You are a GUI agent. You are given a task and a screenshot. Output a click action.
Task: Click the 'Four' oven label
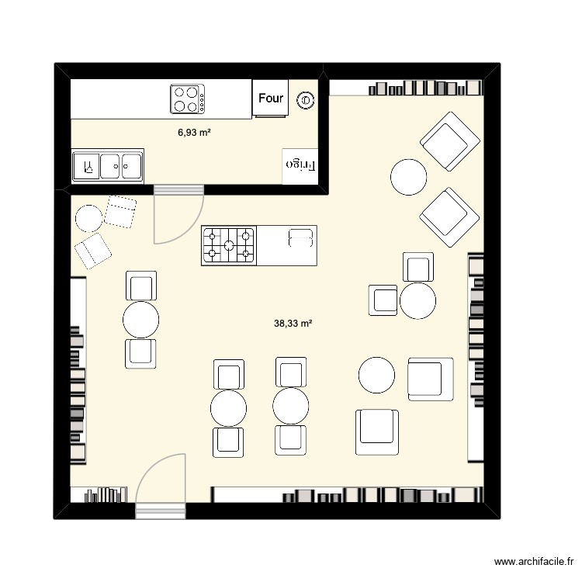coord(271,99)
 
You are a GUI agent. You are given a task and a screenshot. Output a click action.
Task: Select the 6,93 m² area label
coord(194,133)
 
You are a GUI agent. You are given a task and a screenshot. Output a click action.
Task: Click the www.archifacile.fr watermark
coord(535,562)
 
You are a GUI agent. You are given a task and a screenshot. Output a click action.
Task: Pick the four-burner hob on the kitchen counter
coord(188,99)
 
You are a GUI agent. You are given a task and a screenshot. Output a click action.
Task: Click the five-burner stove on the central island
coord(229,245)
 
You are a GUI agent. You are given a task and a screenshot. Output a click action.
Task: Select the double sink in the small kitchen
coord(108,165)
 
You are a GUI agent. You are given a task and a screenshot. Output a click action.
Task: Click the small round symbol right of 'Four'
coord(306,99)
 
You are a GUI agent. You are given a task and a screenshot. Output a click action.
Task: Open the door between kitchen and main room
coord(178,215)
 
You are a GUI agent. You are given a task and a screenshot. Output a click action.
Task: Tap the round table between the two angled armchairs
coord(408,176)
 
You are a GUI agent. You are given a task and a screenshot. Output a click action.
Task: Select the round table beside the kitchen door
coord(89,218)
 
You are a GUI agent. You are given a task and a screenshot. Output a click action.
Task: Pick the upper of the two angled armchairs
coord(449,141)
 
